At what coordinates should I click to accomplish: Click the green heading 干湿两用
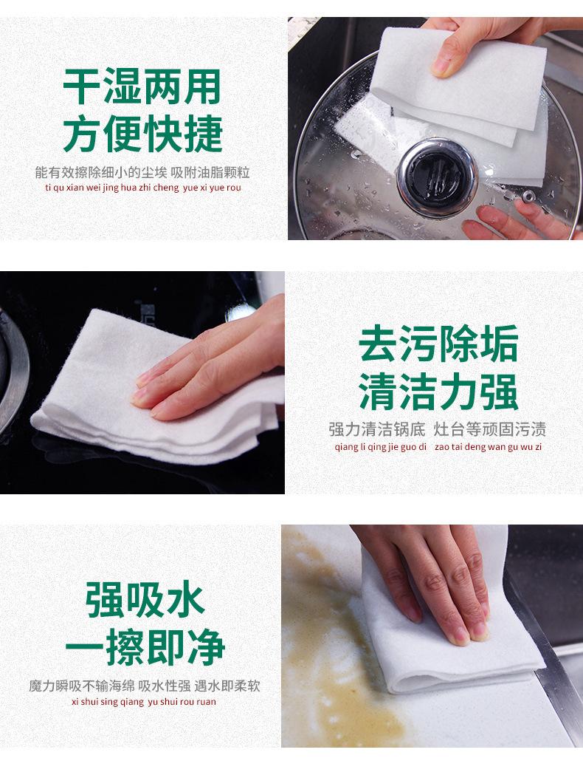pyautogui.click(x=142, y=86)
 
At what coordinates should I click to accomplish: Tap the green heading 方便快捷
pyautogui.click(x=142, y=134)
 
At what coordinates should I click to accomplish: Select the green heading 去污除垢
pyautogui.click(x=438, y=344)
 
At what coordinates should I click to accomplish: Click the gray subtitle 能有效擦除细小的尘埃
pyautogui.click(x=101, y=172)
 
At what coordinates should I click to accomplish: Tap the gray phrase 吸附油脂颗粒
pyautogui.click(x=210, y=172)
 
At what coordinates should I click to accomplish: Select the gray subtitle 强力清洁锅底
pyautogui.click(x=377, y=428)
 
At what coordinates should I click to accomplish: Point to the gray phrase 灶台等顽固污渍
pyautogui.click(x=490, y=428)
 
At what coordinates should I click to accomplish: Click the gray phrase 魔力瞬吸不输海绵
pyautogui.click(x=81, y=686)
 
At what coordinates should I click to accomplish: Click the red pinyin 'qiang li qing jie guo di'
pyautogui.click(x=381, y=447)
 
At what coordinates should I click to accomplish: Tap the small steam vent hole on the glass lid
pyautogui.click(x=528, y=196)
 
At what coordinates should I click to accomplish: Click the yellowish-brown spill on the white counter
pyautogui.click(x=334, y=643)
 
